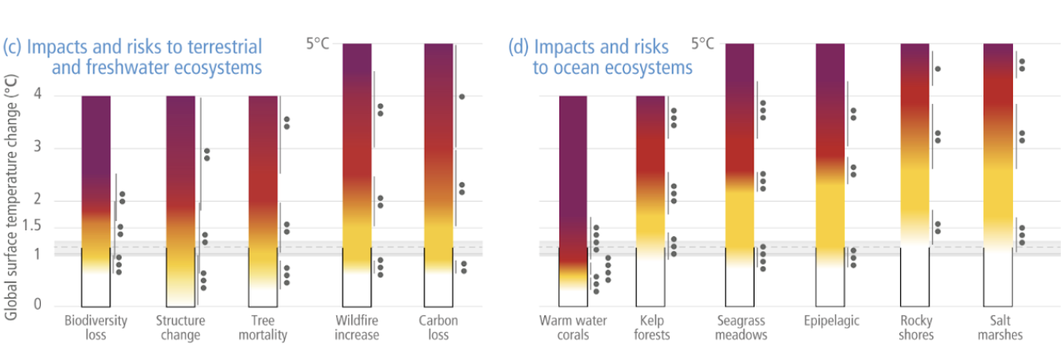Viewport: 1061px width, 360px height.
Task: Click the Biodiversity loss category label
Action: [x=95, y=327]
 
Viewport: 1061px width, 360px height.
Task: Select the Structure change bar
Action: [x=180, y=200]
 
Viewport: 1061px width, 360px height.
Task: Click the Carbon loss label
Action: [x=438, y=327]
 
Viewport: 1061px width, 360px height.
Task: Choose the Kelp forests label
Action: [x=651, y=327]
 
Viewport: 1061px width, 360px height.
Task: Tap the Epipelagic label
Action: [x=832, y=321]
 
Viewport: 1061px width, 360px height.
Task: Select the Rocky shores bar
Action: [x=915, y=144]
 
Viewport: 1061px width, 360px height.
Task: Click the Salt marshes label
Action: [x=1000, y=327]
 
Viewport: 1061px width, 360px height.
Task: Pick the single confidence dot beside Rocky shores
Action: [x=938, y=69]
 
